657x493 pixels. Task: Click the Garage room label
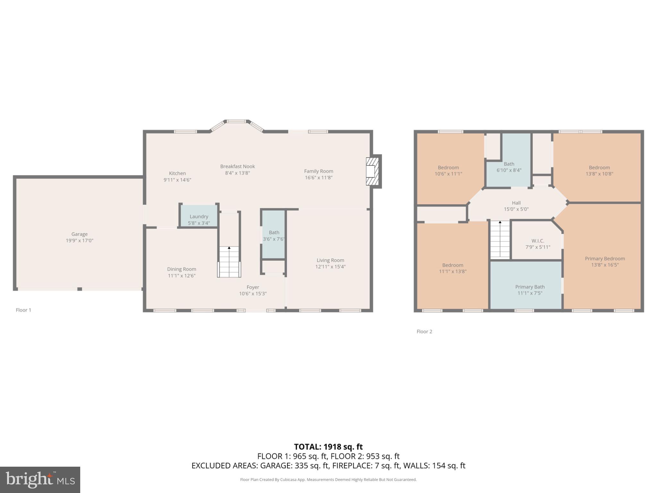coord(80,234)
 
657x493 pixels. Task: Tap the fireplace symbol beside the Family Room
coord(373,171)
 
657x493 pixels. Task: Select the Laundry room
coord(199,219)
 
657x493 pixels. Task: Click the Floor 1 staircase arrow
coord(229,248)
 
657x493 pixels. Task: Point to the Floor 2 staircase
coord(500,239)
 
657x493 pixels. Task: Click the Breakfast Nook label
coord(237,166)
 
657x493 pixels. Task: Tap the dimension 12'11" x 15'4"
coord(330,267)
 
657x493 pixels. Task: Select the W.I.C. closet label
coord(538,241)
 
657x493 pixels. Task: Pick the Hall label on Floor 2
coord(516,203)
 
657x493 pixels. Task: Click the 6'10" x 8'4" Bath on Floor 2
coord(509,167)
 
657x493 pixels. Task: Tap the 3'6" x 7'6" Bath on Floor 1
coord(274,236)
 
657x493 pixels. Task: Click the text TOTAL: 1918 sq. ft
coord(328,447)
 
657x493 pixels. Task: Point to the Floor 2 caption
coord(424,332)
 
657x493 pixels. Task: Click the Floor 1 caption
coord(23,310)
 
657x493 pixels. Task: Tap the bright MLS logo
coord(40,480)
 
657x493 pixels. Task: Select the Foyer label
coord(253,287)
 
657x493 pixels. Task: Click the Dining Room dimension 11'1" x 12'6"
coord(182,276)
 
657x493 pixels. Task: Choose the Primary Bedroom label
coord(605,259)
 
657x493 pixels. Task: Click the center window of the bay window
coord(237,121)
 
